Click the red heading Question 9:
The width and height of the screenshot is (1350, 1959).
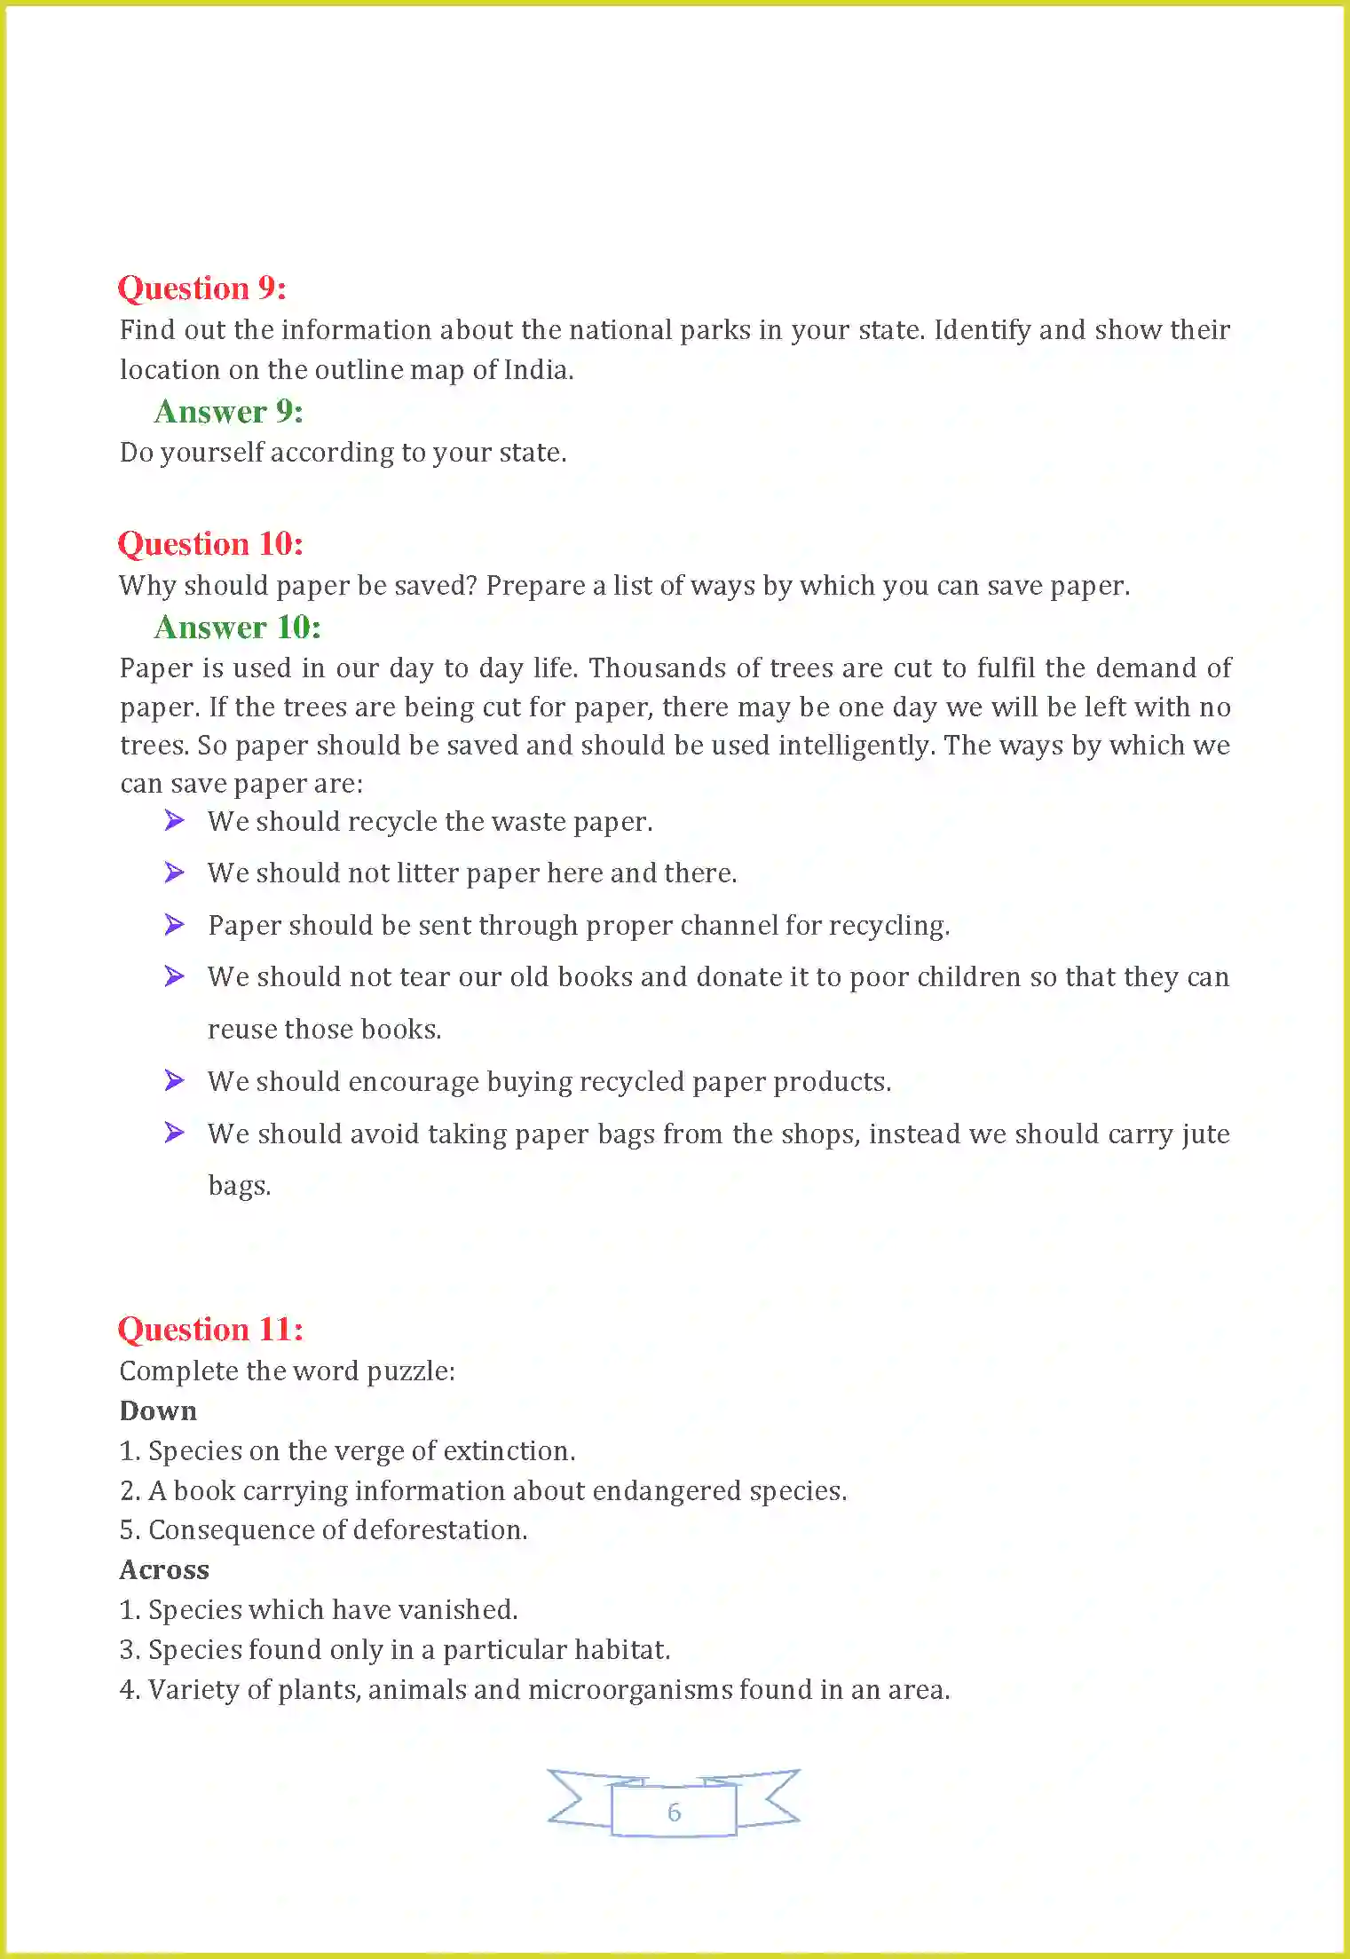(201, 288)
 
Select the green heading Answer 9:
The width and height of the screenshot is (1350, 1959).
(228, 412)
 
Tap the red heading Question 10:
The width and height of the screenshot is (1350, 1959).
(210, 544)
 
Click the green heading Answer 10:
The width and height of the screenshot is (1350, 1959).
(237, 628)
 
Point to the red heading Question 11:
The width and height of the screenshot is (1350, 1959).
(210, 1330)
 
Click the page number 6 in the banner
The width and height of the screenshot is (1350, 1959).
(674, 1812)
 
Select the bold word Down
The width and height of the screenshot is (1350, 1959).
(158, 1411)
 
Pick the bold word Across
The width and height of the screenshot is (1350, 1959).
(164, 1570)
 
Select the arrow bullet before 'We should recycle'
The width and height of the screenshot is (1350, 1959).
(174, 821)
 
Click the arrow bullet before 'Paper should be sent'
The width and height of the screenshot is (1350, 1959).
(174, 925)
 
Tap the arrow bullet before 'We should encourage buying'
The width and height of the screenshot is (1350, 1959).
(174, 1081)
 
